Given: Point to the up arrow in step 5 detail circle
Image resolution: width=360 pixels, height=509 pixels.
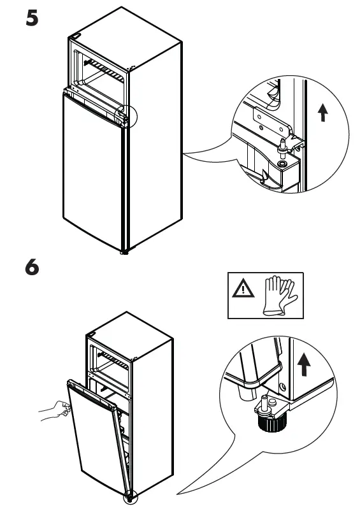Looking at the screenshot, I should pos(323,113).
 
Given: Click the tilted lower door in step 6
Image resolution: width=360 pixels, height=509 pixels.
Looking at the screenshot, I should pos(96,433).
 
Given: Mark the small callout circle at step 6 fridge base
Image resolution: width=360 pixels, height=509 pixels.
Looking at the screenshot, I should pos(130,498).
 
